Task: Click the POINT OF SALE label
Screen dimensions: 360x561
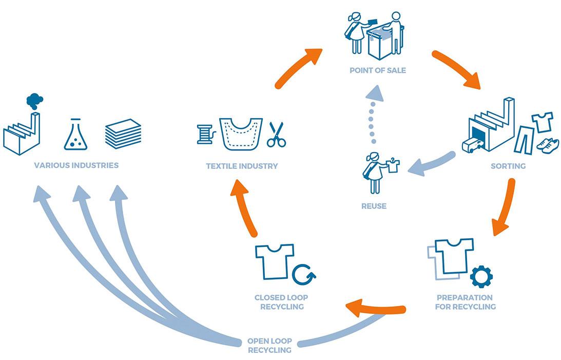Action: pos(377,70)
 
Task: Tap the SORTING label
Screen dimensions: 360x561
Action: pos(508,166)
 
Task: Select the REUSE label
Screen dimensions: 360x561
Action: pos(373,206)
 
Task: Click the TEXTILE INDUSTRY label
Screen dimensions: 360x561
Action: pos(242,166)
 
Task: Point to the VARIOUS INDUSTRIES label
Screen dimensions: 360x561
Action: pos(76,165)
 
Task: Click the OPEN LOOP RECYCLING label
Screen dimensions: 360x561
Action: pos(269,345)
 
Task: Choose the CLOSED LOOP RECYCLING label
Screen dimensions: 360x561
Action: pos(281,302)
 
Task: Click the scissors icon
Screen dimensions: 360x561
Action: pos(276,134)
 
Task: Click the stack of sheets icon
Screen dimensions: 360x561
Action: pos(123,134)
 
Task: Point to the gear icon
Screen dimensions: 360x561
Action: pos(481,276)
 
